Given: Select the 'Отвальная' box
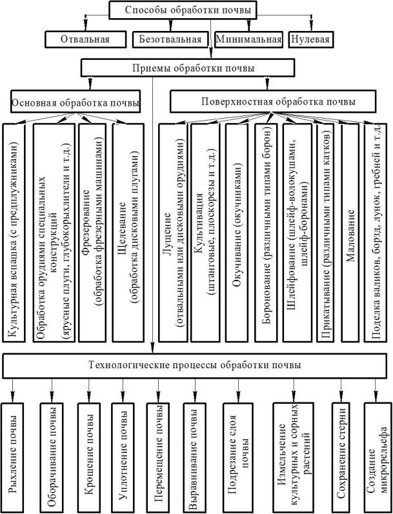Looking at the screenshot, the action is click(85, 39).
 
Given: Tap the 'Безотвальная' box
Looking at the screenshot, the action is click(170, 39).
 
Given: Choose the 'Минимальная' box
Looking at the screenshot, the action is click(248, 39).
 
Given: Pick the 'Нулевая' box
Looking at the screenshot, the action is click(310, 39).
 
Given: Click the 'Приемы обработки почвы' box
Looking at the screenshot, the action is click(188, 68).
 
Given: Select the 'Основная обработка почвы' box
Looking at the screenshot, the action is click(76, 102).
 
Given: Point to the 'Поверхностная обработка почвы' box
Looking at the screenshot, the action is click(273, 102).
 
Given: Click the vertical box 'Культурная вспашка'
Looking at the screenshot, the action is click(14, 233).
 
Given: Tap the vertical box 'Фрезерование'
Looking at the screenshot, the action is click(92, 233).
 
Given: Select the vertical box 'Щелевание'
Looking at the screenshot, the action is click(128, 233).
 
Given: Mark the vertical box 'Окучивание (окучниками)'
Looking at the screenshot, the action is click(237, 233).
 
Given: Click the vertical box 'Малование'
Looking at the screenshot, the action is click(350, 233).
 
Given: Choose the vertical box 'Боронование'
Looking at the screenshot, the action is click(266, 233).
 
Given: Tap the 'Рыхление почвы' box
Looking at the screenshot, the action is click(12, 458).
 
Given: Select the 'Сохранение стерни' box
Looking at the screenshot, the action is click(341, 458).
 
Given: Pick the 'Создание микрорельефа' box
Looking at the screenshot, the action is click(376, 458).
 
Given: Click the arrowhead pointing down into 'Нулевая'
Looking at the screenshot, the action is click(311, 27).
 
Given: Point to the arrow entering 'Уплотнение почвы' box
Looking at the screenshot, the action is click(123, 390).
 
